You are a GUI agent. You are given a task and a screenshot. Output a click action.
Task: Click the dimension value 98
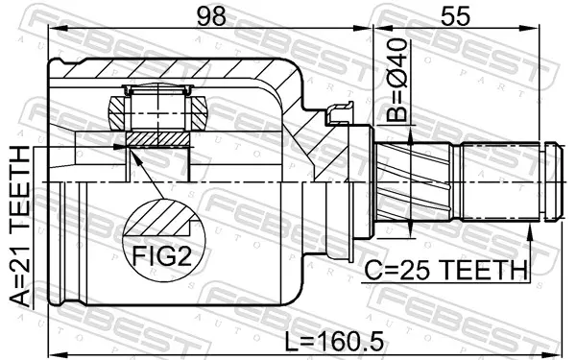pos(211,16)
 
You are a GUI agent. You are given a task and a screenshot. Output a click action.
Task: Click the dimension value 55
pos(455,16)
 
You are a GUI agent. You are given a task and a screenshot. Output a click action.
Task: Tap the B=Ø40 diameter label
pos(397,81)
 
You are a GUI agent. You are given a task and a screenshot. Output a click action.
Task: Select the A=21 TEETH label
pos(19,227)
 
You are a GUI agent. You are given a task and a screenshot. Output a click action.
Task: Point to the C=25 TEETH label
pos(445,270)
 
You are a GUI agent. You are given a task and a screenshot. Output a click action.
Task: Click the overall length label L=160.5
pos(334,341)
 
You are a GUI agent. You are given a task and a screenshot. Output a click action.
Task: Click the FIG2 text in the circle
pos(162,256)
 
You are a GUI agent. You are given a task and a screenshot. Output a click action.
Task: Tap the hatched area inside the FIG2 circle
pos(158,219)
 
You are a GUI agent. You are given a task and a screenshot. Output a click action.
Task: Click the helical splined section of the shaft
pos(413,181)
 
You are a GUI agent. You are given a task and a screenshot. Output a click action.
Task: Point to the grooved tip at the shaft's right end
pos(554,181)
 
